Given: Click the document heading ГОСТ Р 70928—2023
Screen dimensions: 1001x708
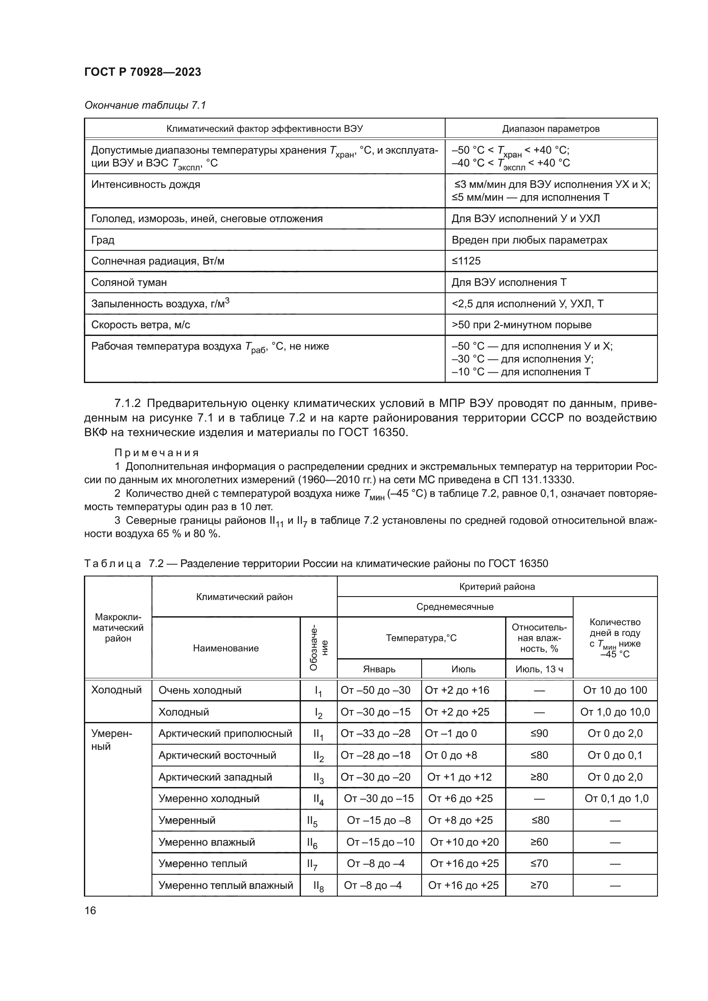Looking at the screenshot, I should [143, 72].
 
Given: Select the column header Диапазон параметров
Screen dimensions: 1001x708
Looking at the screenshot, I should [550, 129].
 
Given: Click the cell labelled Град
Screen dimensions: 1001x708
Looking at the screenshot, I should [103, 240].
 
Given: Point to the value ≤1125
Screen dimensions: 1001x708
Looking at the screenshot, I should [466, 261].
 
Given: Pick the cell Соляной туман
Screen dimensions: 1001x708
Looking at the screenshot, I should [129, 282].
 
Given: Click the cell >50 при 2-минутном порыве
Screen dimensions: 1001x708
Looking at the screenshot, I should [521, 325].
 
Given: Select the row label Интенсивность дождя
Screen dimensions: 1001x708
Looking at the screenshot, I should [146, 184].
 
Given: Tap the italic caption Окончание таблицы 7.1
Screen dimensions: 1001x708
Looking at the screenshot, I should [145, 105].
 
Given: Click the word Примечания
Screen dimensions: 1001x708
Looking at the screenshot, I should [157, 452].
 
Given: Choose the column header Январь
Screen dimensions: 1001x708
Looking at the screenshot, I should [379, 669].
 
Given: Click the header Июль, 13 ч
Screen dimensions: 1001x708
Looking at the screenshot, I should [539, 669].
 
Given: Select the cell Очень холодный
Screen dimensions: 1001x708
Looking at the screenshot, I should [199, 690].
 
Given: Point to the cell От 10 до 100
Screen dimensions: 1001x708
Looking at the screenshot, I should [615, 690].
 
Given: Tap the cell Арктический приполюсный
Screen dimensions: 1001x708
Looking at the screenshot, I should [225, 734].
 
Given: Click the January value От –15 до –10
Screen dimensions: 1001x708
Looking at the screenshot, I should [380, 842].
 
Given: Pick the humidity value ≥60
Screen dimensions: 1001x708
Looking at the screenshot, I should [539, 842].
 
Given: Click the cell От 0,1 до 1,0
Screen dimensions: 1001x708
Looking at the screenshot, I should [616, 798].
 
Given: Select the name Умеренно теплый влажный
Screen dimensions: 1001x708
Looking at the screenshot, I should [226, 885].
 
